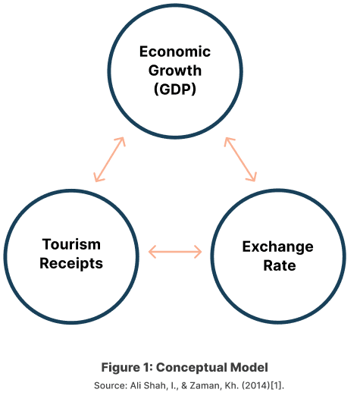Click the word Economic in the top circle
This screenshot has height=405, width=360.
(x=175, y=52)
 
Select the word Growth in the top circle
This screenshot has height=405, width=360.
(x=175, y=71)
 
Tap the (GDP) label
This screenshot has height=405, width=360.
(x=175, y=89)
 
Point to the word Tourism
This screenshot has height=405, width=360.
(x=71, y=244)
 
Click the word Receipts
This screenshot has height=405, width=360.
(x=71, y=263)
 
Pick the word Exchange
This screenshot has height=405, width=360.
(x=278, y=246)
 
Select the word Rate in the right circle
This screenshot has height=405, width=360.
(x=280, y=265)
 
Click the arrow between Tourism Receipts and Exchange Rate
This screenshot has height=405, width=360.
(x=175, y=252)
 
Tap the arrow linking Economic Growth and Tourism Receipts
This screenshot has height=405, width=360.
(x=109, y=159)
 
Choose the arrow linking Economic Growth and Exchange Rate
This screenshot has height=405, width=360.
(x=240, y=159)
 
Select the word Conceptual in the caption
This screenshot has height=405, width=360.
(x=191, y=367)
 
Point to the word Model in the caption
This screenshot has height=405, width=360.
(x=249, y=367)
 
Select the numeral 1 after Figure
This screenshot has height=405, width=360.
(x=145, y=367)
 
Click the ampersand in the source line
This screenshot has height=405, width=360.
(x=184, y=385)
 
